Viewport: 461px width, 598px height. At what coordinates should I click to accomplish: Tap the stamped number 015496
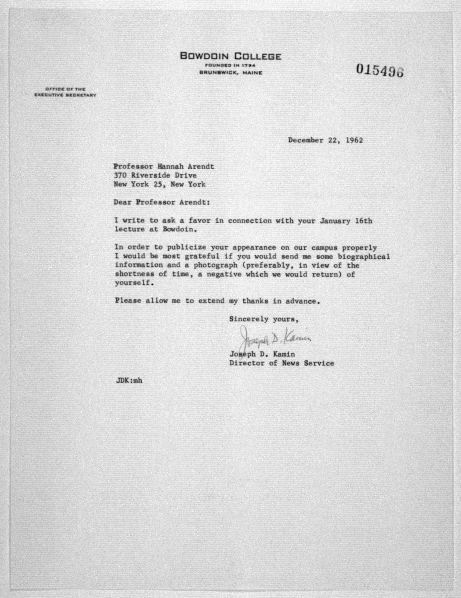tap(380, 70)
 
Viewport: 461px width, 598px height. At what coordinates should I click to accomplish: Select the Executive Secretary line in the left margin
tap(65, 95)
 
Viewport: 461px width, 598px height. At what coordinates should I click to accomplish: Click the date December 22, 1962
tap(325, 140)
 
